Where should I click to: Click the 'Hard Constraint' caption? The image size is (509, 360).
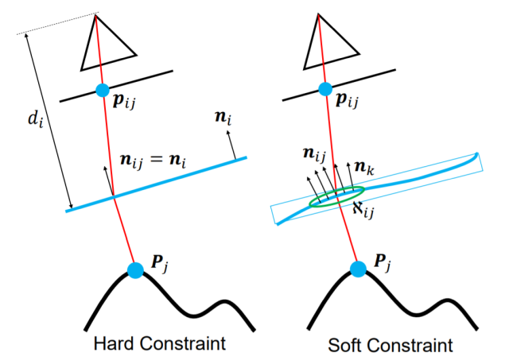159,344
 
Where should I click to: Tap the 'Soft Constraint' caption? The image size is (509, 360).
390,346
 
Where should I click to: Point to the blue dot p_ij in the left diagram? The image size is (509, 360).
103,90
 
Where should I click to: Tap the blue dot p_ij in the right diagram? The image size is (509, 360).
324,90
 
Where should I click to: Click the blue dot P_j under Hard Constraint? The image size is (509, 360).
135,270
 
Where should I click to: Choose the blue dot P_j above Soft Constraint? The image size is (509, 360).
359,269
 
